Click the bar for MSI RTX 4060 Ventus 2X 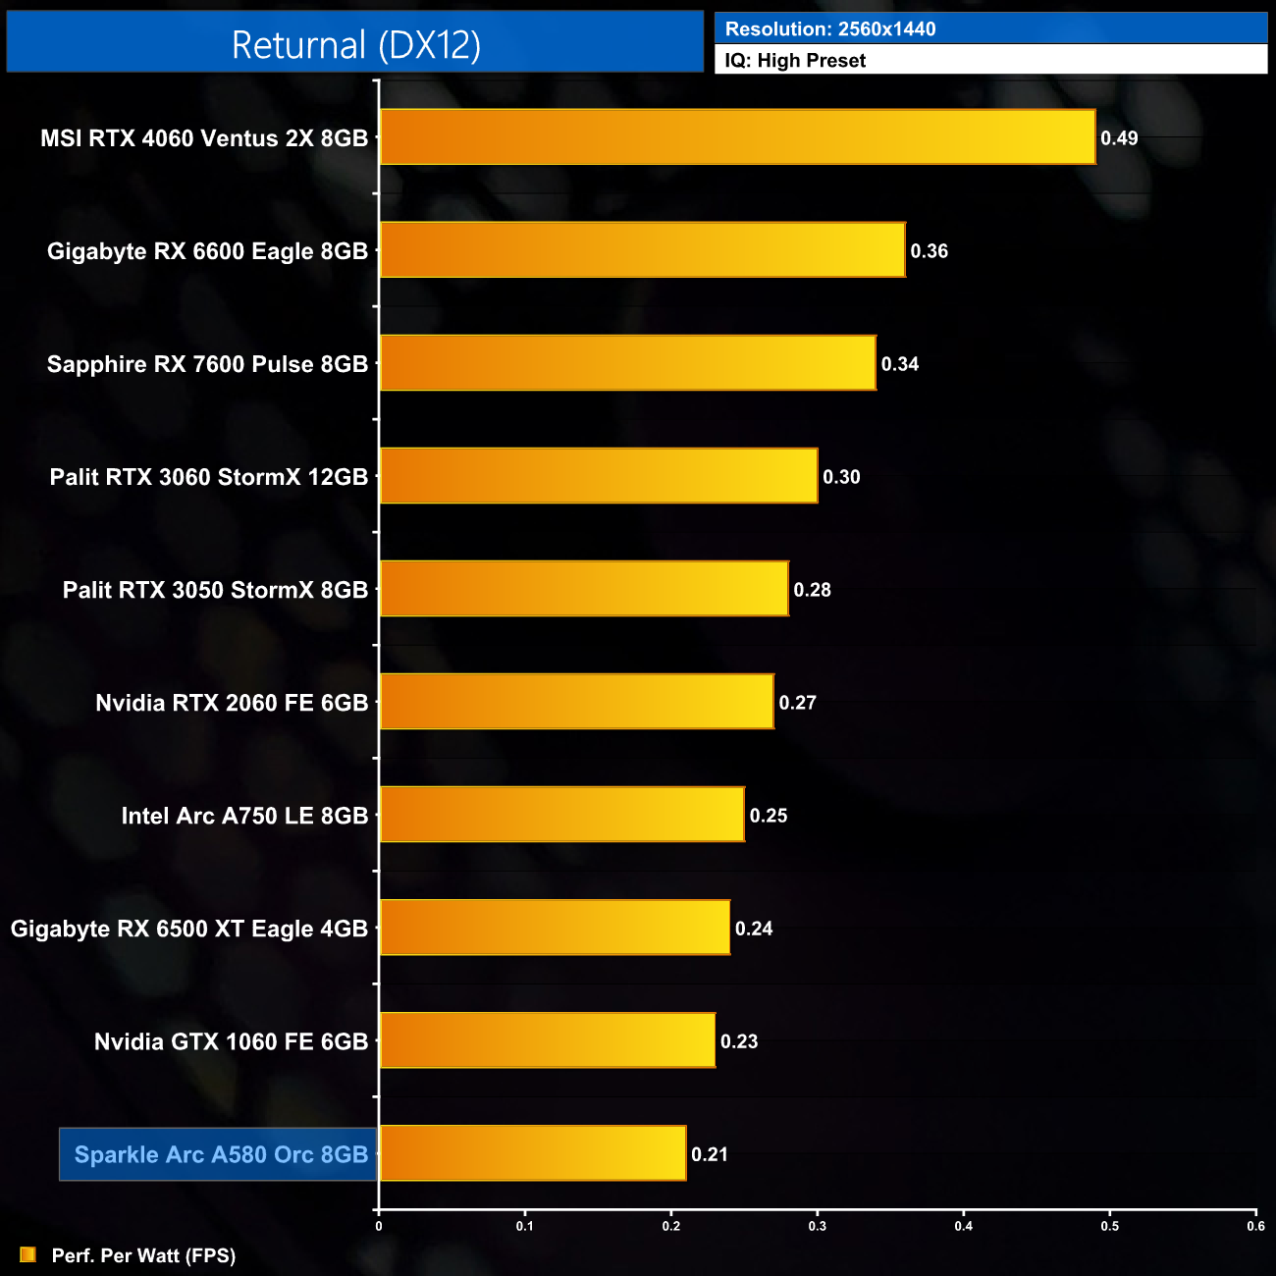click(737, 136)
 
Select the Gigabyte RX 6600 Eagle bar click(642, 250)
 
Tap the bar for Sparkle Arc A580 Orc click(533, 1153)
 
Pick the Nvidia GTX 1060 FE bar click(548, 1040)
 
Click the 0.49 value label click(1119, 138)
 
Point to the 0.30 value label click(841, 477)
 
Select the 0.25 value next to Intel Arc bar click(769, 816)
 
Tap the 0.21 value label click(710, 1154)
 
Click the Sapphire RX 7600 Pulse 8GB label click(207, 364)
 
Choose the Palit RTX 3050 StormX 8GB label click(215, 590)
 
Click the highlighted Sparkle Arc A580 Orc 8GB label click(221, 1154)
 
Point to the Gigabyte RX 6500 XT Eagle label click(188, 929)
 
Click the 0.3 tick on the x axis click(818, 1226)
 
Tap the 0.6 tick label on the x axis click(1255, 1226)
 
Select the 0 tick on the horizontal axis click(379, 1226)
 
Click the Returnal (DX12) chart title click(355, 45)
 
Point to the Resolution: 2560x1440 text click(830, 29)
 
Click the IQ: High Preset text click(795, 61)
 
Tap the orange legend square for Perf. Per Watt click(27, 1254)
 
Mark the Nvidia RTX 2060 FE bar click(577, 702)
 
